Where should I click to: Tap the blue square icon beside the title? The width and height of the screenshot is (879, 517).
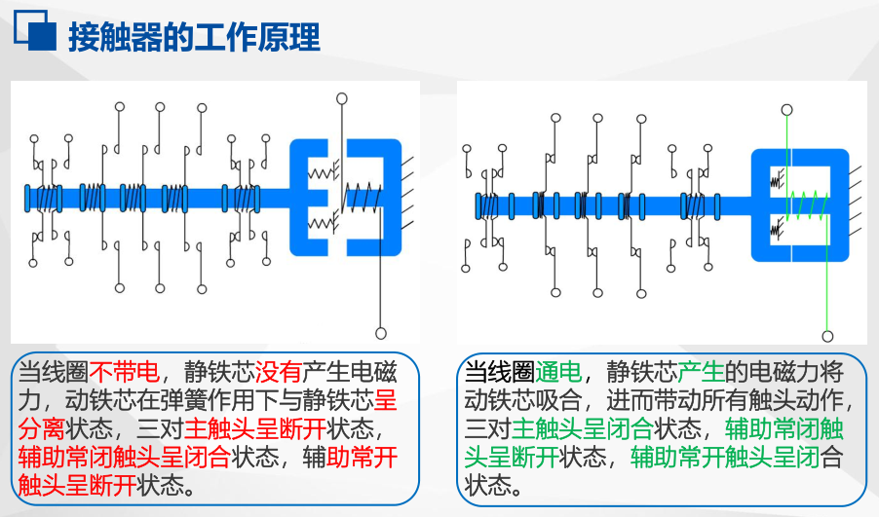point(35,34)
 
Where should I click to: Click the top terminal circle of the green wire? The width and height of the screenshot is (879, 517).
point(786,110)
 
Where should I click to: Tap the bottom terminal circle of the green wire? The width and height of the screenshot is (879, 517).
point(827,336)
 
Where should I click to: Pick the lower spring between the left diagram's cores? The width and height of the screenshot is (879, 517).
point(321,225)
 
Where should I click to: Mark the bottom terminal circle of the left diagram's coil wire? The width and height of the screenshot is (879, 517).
point(380,333)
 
